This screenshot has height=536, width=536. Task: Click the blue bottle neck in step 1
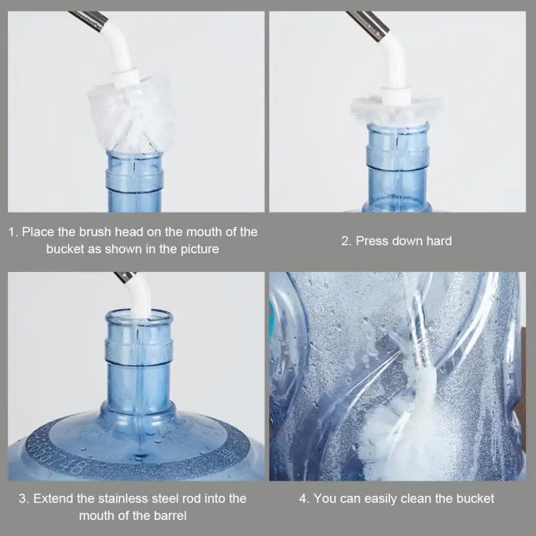pos(135,181)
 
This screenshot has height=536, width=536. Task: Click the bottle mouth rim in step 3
pos(139,314)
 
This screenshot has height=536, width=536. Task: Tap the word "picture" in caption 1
pos(200,249)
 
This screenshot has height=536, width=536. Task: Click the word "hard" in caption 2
pos(440,241)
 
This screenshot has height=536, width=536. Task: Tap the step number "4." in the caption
pos(304,498)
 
